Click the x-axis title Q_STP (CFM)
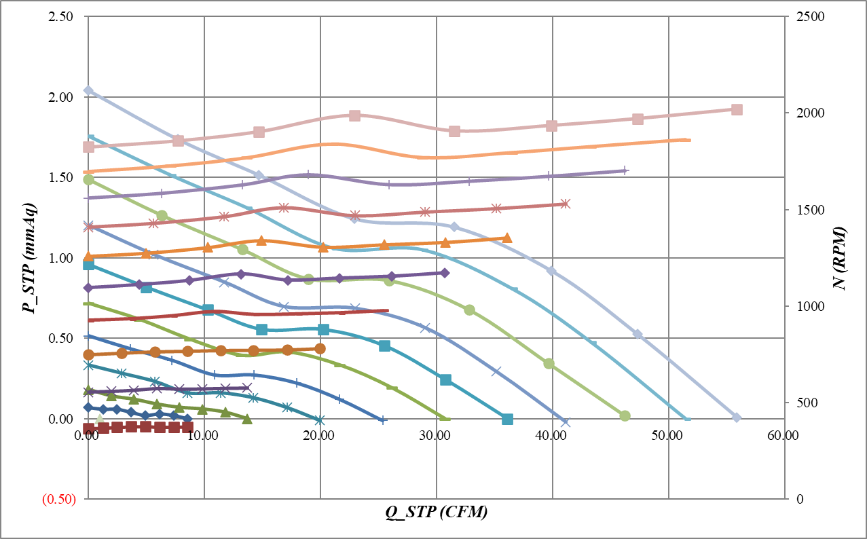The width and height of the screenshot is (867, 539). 436,513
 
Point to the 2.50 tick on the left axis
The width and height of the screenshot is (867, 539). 62,16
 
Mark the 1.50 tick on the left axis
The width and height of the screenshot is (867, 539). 62,177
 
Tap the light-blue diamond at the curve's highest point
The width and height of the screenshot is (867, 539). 88,90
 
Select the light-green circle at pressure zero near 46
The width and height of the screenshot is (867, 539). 625,415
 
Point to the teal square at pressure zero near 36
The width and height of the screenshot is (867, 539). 507,419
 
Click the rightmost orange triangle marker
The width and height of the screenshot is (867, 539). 506,238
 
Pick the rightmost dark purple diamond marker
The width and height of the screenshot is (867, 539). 445,273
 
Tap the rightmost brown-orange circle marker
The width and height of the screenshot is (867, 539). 320,349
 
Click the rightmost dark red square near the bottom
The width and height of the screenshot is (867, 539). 187,427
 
